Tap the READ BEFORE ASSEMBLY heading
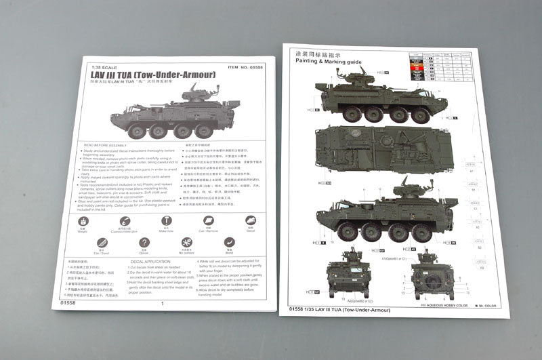(x=107, y=144)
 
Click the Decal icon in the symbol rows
(x=250, y=220)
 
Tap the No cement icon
(x=187, y=242)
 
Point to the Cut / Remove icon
(x=208, y=220)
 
